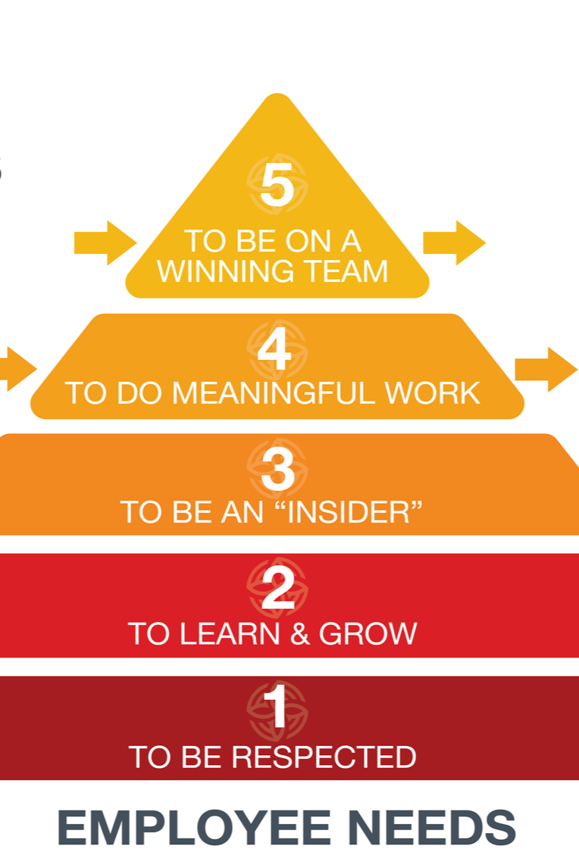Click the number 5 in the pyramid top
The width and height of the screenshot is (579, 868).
coord(277,186)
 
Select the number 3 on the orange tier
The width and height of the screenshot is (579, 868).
coord(277,470)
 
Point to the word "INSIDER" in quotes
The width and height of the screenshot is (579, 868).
coord(346,512)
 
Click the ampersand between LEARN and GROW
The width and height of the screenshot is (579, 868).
coord(300,633)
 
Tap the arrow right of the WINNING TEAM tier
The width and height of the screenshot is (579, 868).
coord(453,243)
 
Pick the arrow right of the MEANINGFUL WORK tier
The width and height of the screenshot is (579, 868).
coord(545,370)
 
